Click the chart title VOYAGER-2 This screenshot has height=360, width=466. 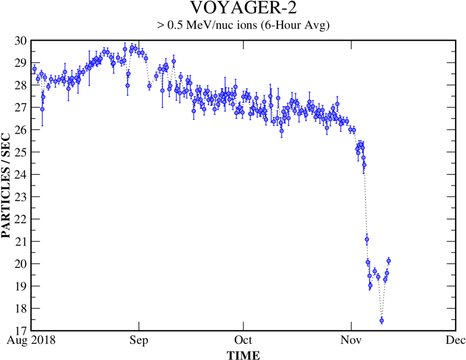(243, 9)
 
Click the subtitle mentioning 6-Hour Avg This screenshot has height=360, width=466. (243, 25)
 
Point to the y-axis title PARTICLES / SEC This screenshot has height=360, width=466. (6, 185)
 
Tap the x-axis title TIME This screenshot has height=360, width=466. (243, 355)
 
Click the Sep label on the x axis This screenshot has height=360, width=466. (138, 340)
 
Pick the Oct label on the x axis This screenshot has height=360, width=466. (243, 340)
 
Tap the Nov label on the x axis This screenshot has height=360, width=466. (351, 340)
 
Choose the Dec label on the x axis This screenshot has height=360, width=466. (456, 340)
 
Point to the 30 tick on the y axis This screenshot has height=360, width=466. (20, 40)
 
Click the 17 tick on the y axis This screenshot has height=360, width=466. (20, 330)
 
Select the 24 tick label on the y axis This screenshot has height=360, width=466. (20, 175)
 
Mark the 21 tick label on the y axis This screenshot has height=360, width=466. (20, 241)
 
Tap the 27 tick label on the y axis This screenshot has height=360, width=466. (20, 107)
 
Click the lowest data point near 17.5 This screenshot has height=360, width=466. (382, 321)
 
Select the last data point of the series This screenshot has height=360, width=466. (389, 261)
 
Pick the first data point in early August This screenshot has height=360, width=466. (34, 69)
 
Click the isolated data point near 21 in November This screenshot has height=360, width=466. (366, 239)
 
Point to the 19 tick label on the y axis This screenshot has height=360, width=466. (20, 286)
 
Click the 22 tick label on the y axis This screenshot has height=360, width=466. (20, 219)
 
